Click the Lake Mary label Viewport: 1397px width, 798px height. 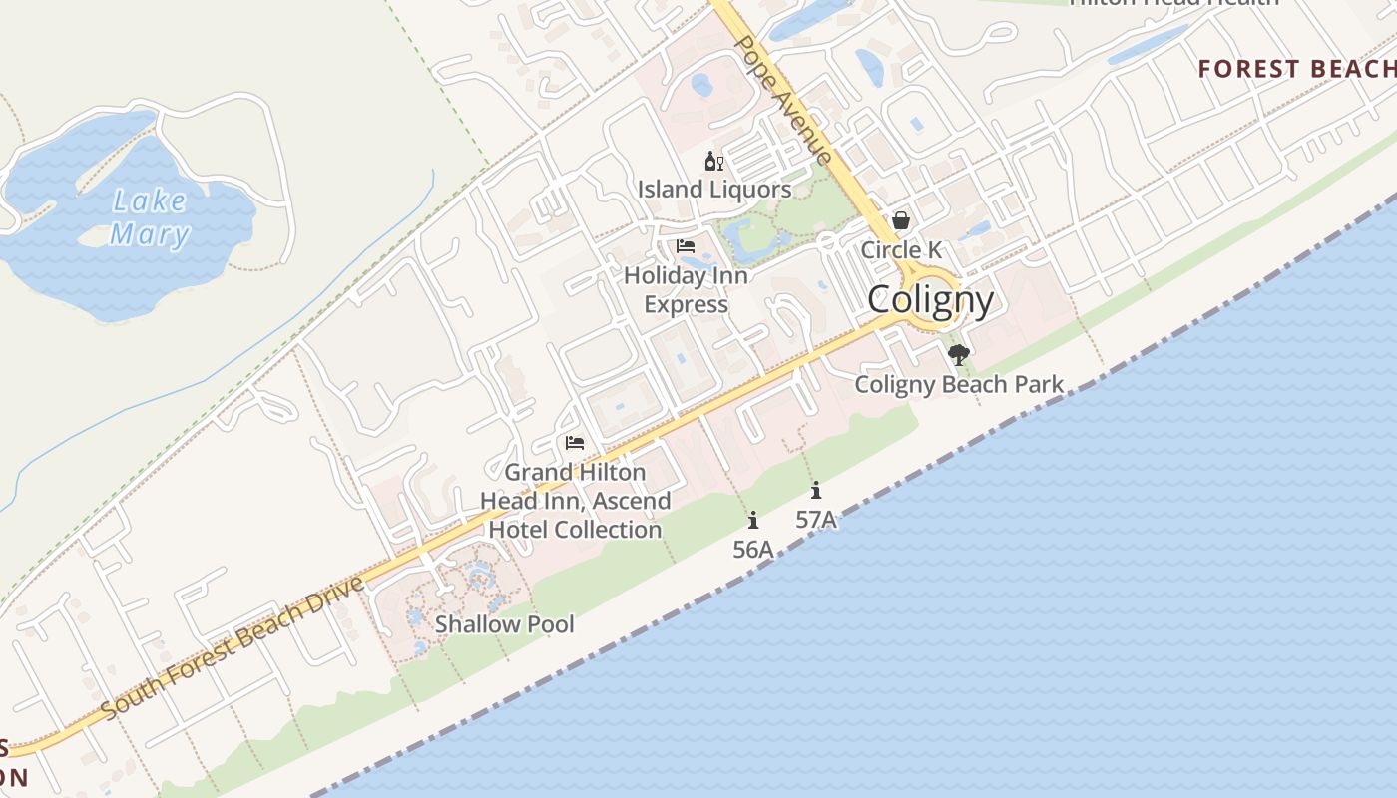pos(150,217)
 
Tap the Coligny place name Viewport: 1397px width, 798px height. pos(930,299)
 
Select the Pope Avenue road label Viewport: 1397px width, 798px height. pos(782,100)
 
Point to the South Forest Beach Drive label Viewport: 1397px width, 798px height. pos(233,647)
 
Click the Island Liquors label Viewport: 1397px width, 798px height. pos(714,189)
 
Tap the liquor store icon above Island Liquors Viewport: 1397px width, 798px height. pos(713,162)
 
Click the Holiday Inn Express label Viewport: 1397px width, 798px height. pos(686,289)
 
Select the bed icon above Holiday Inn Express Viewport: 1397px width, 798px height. pos(686,246)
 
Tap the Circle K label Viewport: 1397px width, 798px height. pos(901,249)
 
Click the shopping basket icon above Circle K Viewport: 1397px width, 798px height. pos(901,220)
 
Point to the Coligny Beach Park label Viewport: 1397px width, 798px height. pos(959,384)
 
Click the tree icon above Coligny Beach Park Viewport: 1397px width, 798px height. pos(959,354)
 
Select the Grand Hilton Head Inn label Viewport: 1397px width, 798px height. pos(575,500)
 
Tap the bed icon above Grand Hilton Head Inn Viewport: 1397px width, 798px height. pos(574,442)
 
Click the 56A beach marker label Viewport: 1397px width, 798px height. pos(753,549)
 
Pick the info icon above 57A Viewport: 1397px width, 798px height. pos(816,490)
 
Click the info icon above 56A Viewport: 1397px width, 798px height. pos(753,520)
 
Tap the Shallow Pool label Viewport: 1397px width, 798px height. pos(505,624)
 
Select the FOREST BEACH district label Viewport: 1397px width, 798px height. pos(1296,69)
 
